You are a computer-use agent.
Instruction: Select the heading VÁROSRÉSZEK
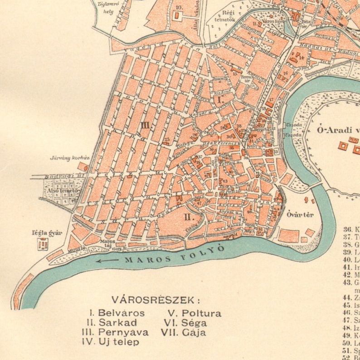pyautogui.click(x=156, y=300)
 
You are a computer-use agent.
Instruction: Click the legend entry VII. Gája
pyautogui.click(x=183, y=332)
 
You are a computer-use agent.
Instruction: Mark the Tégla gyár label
pyautogui.click(x=47, y=233)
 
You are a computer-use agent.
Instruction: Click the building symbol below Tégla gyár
pyautogui.click(x=43, y=244)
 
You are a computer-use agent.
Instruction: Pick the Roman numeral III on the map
pyautogui.click(x=145, y=125)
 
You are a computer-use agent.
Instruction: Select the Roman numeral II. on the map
pyautogui.click(x=189, y=217)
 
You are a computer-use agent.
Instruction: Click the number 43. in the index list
pyautogui.click(x=347, y=282)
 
